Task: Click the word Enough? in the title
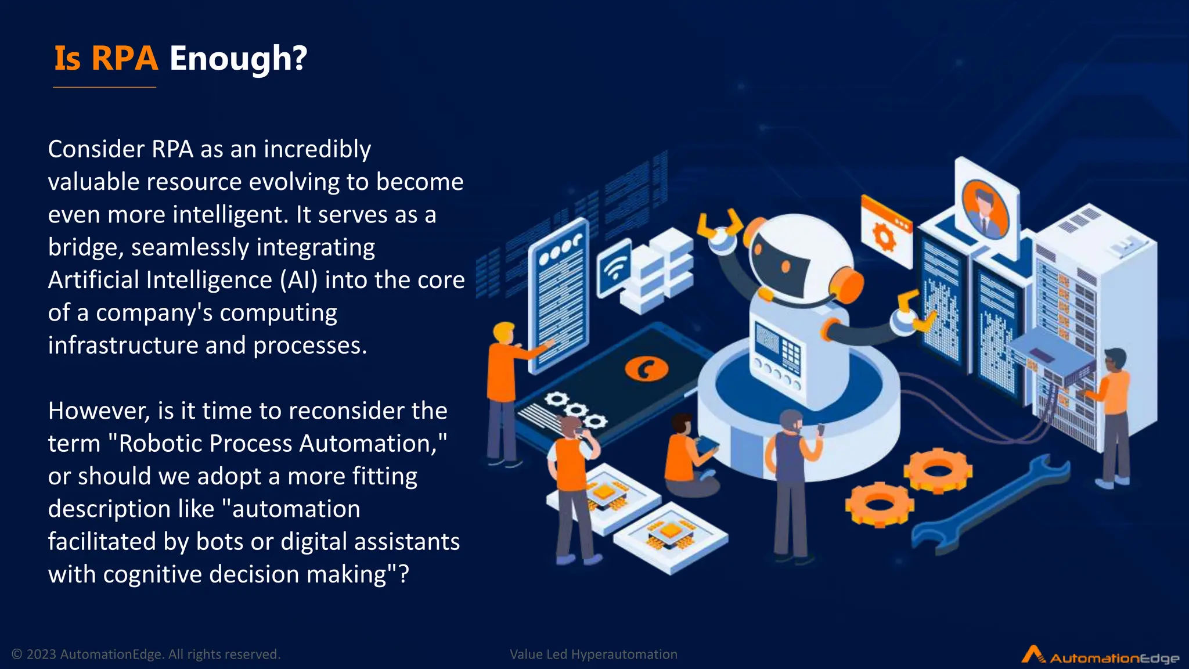point(238,59)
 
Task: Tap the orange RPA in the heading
point(124,59)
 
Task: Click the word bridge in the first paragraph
point(84,247)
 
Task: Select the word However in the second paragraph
point(99,411)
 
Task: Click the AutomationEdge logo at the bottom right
point(1101,656)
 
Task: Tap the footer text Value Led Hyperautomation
point(593,654)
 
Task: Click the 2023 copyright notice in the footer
point(146,654)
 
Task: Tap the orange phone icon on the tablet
point(646,368)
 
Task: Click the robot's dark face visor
point(781,264)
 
